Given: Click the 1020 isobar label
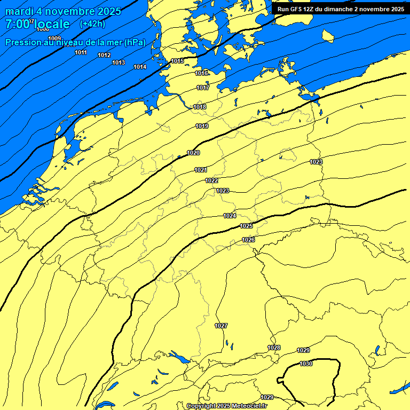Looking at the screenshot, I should point(193,153).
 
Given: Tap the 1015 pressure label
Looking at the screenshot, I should point(177,61).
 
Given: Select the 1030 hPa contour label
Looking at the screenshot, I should point(306,364).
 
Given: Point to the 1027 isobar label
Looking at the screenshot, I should point(221,326).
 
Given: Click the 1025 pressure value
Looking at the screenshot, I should point(246,226).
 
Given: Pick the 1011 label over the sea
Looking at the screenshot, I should point(81,52).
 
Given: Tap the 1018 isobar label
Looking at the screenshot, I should point(200,107).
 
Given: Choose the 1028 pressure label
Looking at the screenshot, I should point(274,348).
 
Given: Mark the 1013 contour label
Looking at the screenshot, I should point(119,63).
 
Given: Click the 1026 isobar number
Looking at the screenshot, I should point(248,240).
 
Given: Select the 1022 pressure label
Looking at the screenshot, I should point(211,181).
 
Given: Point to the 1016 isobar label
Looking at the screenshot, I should point(201,73).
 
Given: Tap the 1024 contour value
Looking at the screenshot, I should point(230,216).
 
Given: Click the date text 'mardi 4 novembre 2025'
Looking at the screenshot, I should point(64,11).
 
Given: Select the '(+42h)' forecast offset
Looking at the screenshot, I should point(92,24).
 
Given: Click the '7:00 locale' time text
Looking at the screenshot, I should point(37,24).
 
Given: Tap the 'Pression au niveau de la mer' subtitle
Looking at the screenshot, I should point(75,42).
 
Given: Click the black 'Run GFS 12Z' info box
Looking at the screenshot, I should point(341,9).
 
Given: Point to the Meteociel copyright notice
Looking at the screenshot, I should point(226,406).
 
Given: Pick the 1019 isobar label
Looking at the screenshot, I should point(202,127).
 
